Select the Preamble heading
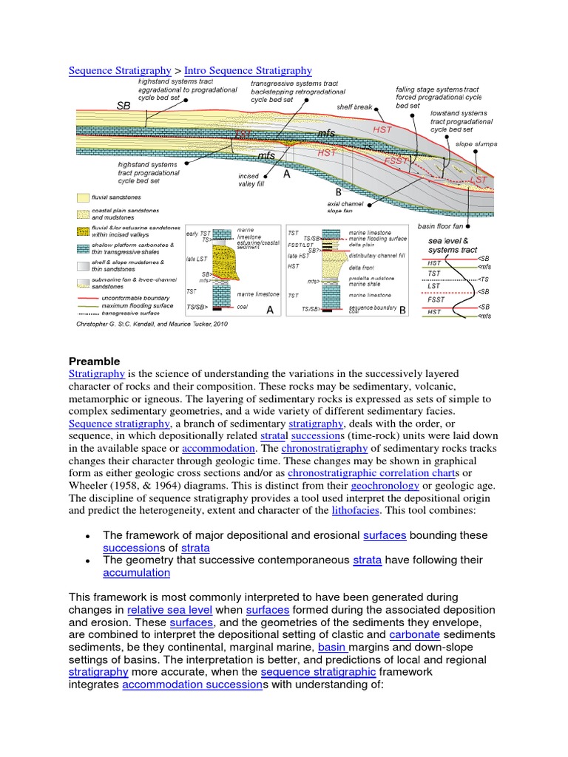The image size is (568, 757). [94, 361]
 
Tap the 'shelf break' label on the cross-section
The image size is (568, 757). [354, 106]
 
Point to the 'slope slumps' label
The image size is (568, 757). [476, 144]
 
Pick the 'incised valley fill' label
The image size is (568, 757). [248, 180]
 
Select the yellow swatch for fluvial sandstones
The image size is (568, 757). [81, 198]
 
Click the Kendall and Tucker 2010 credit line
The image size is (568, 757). [141, 324]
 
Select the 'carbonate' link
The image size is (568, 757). [414, 635]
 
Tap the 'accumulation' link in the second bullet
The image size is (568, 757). [136, 572]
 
